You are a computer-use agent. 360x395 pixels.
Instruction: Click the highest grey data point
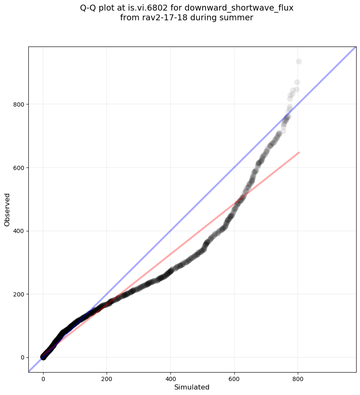point(299,62)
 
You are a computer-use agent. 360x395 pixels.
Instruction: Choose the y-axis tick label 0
point(21,357)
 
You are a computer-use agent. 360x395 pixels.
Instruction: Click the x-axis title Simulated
point(192,387)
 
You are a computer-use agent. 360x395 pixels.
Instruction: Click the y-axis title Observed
point(7,209)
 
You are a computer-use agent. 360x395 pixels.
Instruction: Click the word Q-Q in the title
point(88,8)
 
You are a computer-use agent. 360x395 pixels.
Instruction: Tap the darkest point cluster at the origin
point(43,357)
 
